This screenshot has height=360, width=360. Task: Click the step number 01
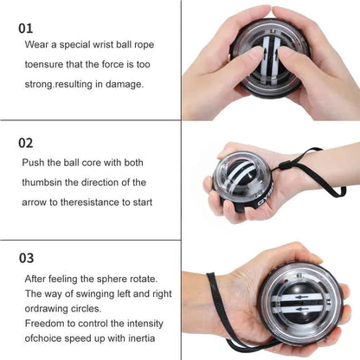click(x=28, y=28)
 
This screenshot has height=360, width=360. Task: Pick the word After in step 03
click(x=40, y=279)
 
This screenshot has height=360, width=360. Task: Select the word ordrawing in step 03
click(x=49, y=310)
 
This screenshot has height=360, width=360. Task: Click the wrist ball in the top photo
click(x=265, y=55)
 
